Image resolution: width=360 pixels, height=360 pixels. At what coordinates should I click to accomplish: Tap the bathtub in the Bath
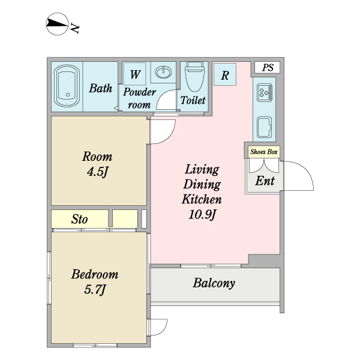click(x=67, y=86)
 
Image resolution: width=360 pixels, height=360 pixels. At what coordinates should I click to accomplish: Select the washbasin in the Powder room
click(x=163, y=72)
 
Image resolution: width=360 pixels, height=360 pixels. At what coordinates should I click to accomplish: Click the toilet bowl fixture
click(x=194, y=76)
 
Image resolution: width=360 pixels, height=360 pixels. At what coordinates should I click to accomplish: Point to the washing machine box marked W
click(x=135, y=74)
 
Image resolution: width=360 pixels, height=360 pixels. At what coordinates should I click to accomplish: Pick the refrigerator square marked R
click(x=225, y=74)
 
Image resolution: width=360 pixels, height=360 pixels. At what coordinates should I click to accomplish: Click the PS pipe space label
click(x=268, y=67)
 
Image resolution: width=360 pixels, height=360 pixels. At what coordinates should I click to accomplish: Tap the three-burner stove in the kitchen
click(x=265, y=92)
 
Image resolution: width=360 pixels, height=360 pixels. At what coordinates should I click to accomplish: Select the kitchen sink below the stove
click(x=264, y=127)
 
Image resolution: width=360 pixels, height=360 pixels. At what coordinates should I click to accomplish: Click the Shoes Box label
click(x=264, y=152)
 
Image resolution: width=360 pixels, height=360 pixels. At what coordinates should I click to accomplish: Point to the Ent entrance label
click(x=265, y=181)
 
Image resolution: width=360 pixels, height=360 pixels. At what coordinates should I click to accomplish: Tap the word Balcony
click(x=214, y=283)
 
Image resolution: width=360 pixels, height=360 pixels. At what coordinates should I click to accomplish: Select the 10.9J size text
click(x=202, y=214)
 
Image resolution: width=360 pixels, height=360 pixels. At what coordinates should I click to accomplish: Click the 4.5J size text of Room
click(x=97, y=172)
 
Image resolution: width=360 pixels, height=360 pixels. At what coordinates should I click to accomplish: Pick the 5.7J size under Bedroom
click(x=95, y=289)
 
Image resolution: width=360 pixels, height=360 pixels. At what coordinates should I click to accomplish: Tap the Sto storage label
click(x=79, y=219)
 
